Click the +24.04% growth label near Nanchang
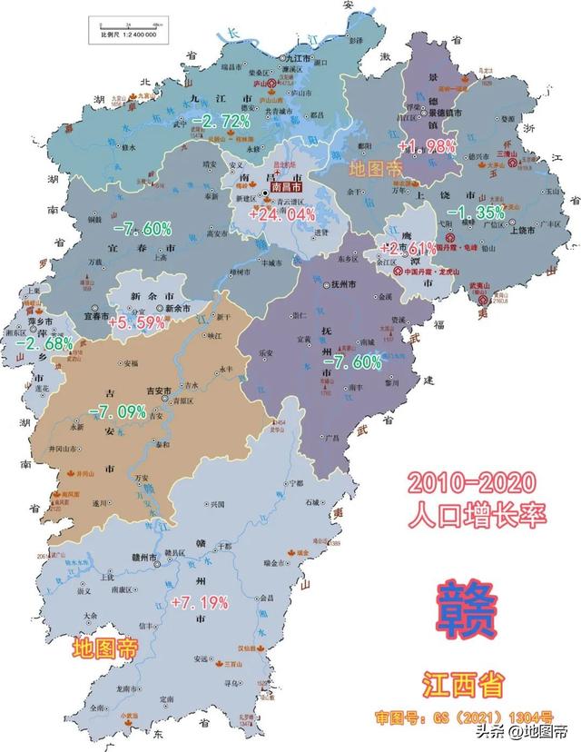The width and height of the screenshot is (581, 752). (x=275, y=215)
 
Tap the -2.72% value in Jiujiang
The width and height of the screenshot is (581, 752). (x=222, y=121)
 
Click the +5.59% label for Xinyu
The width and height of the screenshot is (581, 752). (x=137, y=322)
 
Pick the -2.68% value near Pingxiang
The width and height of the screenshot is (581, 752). (x=44, y=343)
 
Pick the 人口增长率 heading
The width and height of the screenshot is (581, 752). (x=478, y=514)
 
